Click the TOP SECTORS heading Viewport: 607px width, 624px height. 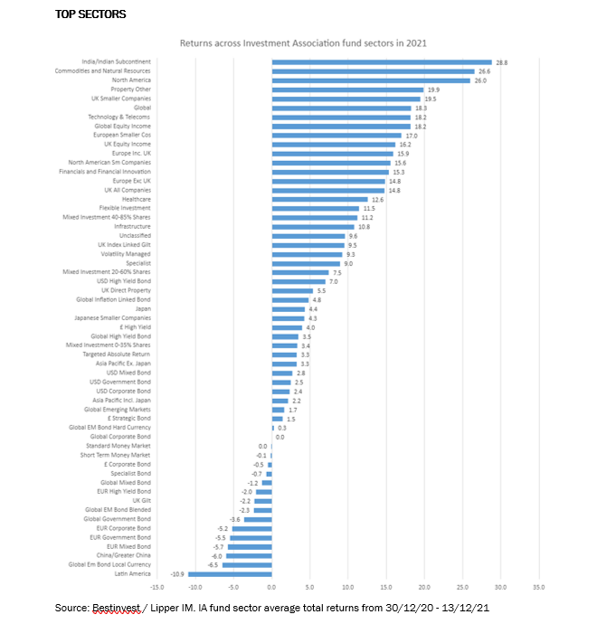(90, 15)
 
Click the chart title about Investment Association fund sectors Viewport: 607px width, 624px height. (303, 43)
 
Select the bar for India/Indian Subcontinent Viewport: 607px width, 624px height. (382, 61)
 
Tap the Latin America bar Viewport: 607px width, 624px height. (230, 574)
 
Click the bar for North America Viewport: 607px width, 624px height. (371, 80)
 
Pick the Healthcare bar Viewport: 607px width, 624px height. (320, 199)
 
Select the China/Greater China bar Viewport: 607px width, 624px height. (249, 556)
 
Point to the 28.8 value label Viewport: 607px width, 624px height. (500, 61)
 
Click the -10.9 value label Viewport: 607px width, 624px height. (178, 574)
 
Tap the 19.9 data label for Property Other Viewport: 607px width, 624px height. (432, 90)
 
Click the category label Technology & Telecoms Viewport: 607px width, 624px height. (119, 117)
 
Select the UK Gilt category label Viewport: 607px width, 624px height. (141, 501)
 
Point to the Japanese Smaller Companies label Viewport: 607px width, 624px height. (112, 318)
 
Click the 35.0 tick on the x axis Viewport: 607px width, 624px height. (537, 587)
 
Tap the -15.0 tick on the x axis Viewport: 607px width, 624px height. (157, 587)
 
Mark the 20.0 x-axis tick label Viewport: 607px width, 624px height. (423, 587)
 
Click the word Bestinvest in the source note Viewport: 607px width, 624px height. (112, 607)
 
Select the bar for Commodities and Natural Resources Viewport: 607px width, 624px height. (373, 71)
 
